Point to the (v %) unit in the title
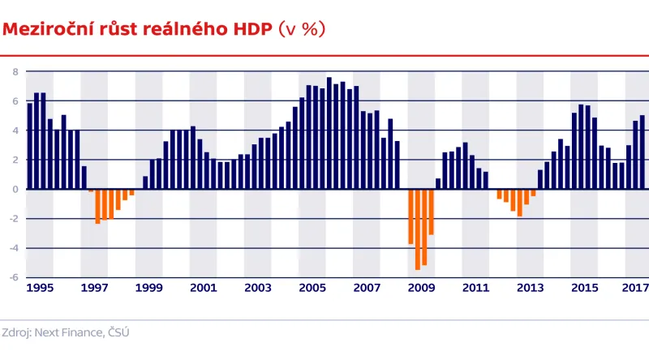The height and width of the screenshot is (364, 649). coord(302,29)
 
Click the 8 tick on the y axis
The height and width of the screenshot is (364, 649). coord(15,71)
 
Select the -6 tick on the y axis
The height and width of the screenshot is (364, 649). coord(13,277)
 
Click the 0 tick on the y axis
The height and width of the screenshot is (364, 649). coord(15,189)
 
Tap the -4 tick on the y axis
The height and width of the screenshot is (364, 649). coord(13,248)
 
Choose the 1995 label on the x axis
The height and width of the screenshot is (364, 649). coord(40,288)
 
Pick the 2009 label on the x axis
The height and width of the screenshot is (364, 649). coord(421,288)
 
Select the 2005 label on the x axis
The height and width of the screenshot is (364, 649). coord(312,288)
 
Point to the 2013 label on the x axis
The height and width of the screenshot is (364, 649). coord(530,288)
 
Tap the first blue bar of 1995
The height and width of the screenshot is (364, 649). coord(30,146)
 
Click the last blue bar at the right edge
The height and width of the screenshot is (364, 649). coord(643,152)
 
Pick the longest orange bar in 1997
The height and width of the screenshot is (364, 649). coord(98,206)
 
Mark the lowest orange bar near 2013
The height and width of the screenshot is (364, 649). coord(520,203)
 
